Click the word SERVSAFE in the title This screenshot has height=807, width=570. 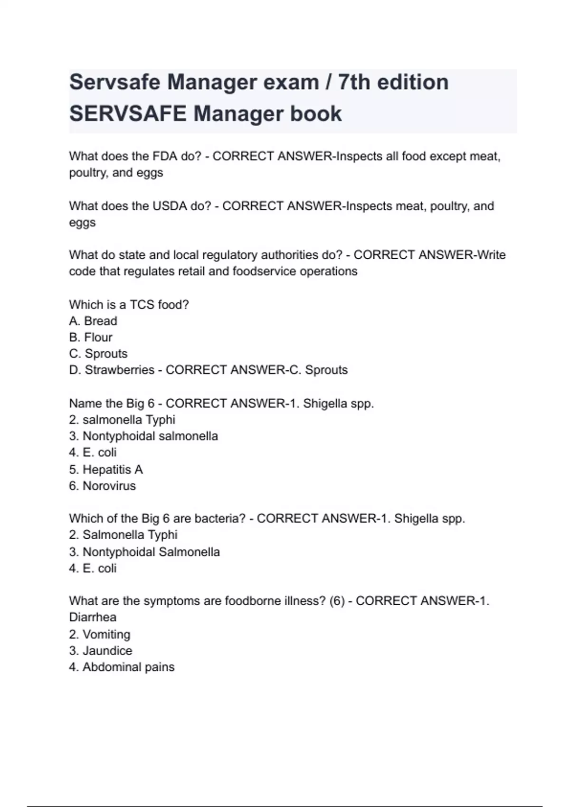click(x=128, y=114)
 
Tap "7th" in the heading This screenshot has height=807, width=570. click(x=354, y=82)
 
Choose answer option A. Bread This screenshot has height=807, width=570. click(x=93, y=321)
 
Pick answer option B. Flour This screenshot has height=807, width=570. click(x=91, y=338)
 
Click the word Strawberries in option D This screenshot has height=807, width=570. click(x=119, y=370)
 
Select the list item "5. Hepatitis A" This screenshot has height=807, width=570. click(x=106, y=469)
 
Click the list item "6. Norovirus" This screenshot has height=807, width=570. click(x=103, y=486)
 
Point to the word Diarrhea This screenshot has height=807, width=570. click(x=93, y=617)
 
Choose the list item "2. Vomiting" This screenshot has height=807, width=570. click(x=100, y=634)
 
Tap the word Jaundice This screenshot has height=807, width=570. click(x=107, y=650)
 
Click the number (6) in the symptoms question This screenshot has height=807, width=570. click(x=337, y=601)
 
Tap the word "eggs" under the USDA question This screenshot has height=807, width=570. click(x=82, y=223)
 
